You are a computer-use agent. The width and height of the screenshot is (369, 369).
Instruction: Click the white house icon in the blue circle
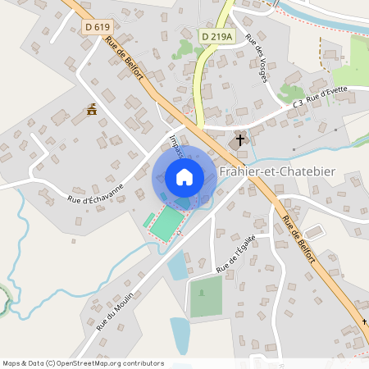pyautogui.click(x=184, y=177)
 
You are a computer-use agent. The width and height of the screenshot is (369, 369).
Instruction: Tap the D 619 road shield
pyautogui.click(x=97, y=27)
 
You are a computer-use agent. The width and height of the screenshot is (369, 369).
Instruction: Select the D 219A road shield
pyautogui.click(x=216, y=35)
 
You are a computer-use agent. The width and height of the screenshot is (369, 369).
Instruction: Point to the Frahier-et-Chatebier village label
pyautogui.click(x=272, y=171)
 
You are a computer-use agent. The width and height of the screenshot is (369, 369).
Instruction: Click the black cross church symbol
pyautogui.click(x=241, y=139)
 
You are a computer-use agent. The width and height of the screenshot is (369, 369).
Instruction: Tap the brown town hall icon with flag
pyautogui.click(x=93, y=110)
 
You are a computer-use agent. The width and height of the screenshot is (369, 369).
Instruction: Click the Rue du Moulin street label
pyautogui.click(x=114, y=312)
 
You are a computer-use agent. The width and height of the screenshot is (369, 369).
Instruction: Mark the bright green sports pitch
pyautogui.click(x=166, y=224)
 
